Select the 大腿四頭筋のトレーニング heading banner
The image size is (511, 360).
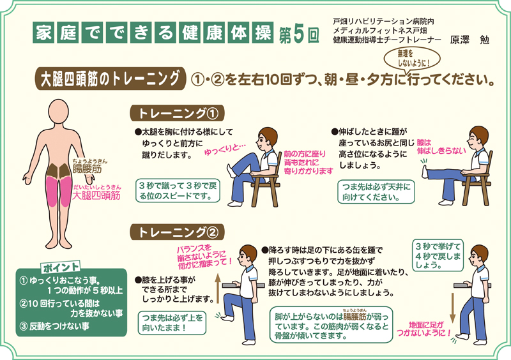coord(109,79)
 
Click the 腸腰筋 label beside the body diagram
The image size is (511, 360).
coord(88,169)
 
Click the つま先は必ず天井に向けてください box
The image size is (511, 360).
coord(377,190)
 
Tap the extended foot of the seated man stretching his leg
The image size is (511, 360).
coord(423,170)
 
